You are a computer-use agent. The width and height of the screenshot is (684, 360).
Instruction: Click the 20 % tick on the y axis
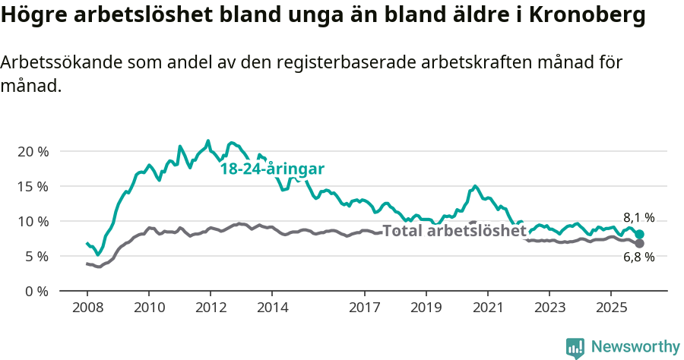click(x=33, y=151)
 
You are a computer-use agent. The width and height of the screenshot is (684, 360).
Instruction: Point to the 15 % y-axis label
click(x=33, y=186)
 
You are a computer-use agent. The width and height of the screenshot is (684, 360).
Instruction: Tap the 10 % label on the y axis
click(x=33, y=221)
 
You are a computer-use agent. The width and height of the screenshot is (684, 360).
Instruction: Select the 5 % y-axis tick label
click(x=36, y=256)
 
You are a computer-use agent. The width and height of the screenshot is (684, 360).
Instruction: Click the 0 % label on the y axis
click(x=36, y=291)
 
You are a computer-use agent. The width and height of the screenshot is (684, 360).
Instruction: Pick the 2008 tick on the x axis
click(x=87, y=308)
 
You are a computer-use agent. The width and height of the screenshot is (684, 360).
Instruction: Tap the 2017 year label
click(x=364, y=308)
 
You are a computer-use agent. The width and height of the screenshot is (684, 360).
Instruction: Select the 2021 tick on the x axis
click(x=487, y=308)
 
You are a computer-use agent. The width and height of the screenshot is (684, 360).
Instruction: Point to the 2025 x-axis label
click(x=610, y=308)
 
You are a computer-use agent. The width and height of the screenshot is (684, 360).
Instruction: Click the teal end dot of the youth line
click(x=639, y=235)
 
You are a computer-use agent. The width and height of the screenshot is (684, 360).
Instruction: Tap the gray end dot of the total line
click(x=639, y=244)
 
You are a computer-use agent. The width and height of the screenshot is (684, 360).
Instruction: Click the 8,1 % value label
click(x=638, y=217)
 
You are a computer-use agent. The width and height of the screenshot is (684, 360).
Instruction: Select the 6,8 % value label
click(x=638, y=258)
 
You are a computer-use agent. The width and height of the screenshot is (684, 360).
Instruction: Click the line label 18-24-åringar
click(x=272, y=169)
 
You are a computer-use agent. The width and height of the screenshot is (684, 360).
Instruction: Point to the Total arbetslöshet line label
click(x=454, y=231)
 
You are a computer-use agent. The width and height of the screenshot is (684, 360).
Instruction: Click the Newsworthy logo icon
click(x=575, y=348)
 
